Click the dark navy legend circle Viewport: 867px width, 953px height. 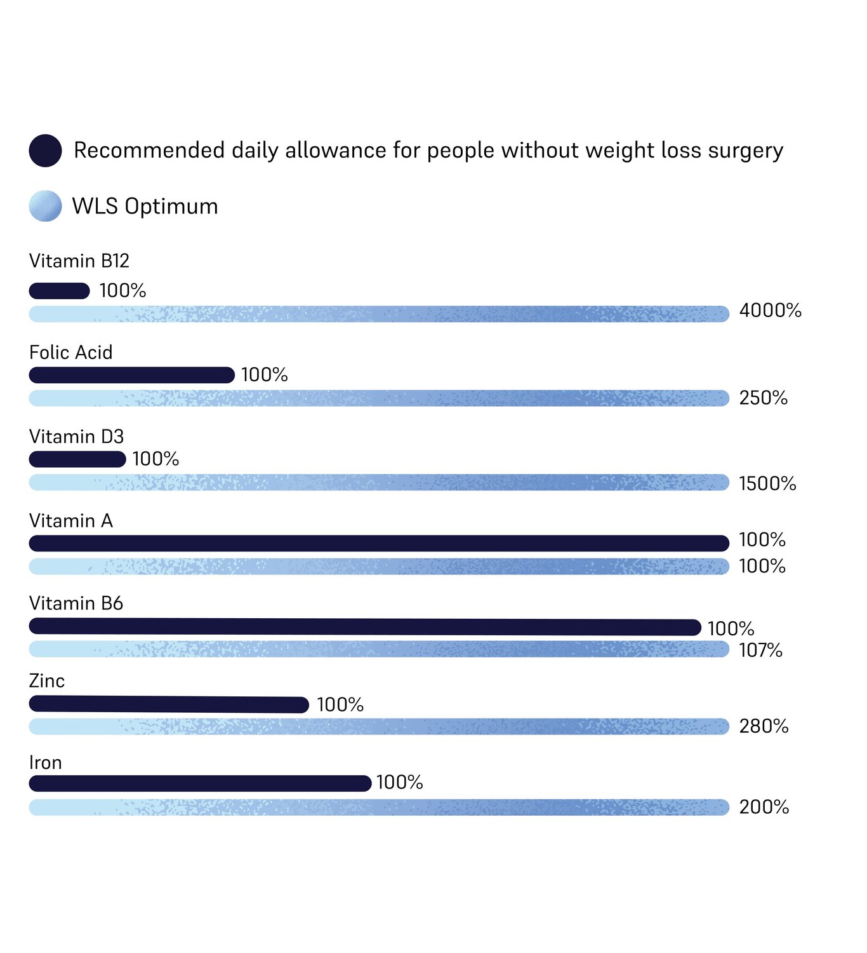tap(45, 151)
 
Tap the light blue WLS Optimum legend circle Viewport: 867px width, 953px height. tap(45, 206)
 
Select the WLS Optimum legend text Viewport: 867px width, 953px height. tap(145, 206)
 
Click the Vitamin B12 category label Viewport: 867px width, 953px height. tap(79, 260)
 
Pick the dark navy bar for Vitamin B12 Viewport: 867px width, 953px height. tap(59, 291)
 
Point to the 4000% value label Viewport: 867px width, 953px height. tap(770, 311)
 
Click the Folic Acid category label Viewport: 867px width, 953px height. tap(70, 352)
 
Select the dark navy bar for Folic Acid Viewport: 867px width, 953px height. tap(131, 375)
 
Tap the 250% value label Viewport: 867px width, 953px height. tap(763, 398)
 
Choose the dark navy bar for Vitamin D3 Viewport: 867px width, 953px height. tap(77, 459)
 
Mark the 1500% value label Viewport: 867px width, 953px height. tap(767, 483)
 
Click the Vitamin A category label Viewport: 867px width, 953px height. tap(70, 521)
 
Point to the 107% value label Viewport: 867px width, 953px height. tap(760, 651)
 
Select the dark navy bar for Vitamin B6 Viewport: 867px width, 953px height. tap(365, 627)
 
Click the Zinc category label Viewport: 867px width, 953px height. tap(47, 681)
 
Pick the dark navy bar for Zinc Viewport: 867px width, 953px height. tap(169, 704)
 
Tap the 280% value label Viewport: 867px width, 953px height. tap(764, 726)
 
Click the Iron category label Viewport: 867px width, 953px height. tap(46, 762)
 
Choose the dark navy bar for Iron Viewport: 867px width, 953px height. tap(200, 783)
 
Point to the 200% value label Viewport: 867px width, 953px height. tap(764, 808)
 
